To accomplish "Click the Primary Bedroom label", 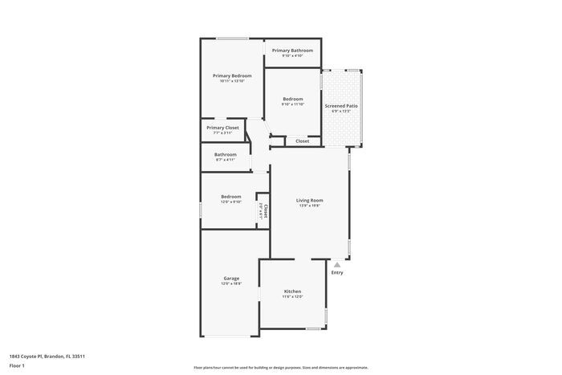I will tap(232, 75).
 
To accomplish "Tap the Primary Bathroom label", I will tap(292, 51).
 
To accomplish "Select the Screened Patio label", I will tap(341, 105).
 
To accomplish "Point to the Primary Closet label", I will tap(222, 128).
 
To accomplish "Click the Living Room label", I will tap(309, 201).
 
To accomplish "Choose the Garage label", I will tap(231, 279).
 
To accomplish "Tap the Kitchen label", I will tap(292, 291).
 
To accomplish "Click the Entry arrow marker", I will tap(337, 263).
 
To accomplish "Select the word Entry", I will tap(337, 273).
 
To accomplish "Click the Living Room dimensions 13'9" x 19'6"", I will tap(309, 206).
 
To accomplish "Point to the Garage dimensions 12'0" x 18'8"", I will tap(231, 283).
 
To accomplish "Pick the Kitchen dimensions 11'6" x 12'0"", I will tap(292, 297).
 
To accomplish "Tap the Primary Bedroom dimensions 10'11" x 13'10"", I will tap(232, 81).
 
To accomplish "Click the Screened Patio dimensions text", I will tap(341, 111).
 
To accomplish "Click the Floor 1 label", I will tap(17, 365).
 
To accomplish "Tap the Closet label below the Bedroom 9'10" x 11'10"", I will tap(303, 141).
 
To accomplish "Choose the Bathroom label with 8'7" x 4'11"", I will tap(226, 154).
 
